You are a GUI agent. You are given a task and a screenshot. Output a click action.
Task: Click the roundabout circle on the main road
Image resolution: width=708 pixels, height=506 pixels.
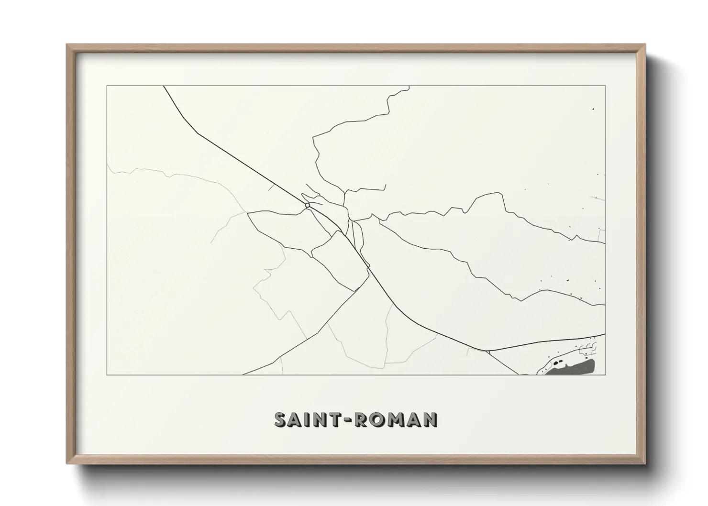pos(307,205)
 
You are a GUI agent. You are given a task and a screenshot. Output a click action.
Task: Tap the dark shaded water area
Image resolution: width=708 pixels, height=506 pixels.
pos(574,368)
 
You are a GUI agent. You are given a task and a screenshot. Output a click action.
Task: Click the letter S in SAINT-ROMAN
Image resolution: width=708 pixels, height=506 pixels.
pos(281,419)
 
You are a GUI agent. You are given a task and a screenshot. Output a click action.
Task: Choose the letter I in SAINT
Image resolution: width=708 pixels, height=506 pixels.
pos(307,419)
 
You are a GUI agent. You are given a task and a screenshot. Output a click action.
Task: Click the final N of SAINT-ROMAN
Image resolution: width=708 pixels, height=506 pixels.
pos(430,419)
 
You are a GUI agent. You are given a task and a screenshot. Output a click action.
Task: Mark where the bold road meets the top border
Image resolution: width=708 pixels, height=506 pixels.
pos(164,86)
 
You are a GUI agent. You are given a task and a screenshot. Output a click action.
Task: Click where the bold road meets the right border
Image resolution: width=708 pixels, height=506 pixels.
pos(605,334)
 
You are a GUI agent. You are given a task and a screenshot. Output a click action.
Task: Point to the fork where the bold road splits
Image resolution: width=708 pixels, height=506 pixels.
pos(487,352)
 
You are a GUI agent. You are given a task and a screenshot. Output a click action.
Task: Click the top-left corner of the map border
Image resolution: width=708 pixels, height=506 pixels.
pos(107,86)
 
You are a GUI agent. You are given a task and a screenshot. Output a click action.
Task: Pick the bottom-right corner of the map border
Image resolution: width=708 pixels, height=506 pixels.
pos(606,375)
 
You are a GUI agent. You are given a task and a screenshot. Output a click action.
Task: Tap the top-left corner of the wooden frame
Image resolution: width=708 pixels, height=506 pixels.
pos(67,44)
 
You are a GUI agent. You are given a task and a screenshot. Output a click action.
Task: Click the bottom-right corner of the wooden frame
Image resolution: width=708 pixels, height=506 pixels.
pos(645,464)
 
